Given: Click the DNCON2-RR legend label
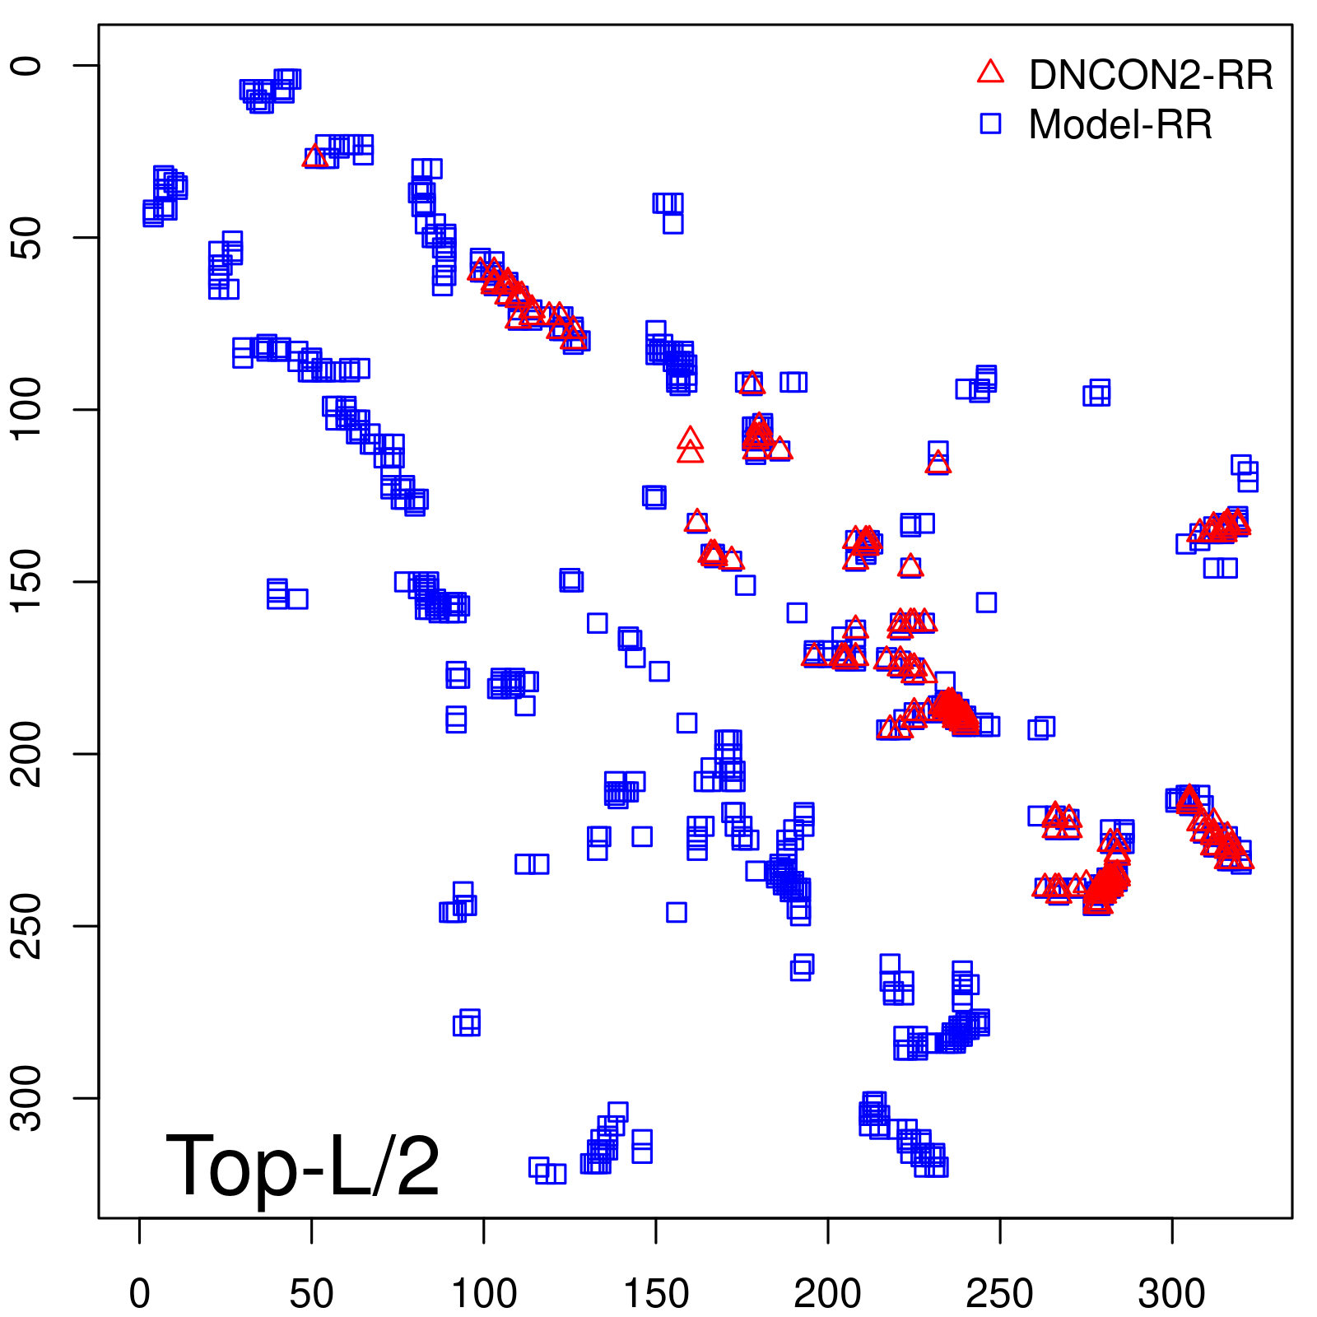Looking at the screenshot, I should point(1150,76).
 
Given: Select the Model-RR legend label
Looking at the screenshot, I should point(1120,125).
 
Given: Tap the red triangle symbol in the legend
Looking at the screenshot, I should point(990,72).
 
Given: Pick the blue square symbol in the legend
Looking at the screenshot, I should point(990,123).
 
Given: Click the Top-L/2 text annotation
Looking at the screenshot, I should point(302,1166).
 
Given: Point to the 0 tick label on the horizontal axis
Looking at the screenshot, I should point(140,1293).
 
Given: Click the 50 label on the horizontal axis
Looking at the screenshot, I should point(312,1293).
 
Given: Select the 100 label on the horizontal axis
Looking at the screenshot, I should point(484,1293).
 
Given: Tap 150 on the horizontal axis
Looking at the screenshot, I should point(656,1293).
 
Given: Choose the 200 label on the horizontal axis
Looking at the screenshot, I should point(828,1293).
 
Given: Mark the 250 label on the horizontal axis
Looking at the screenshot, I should point(1000,1293).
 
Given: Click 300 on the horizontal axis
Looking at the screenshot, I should point(1172,1293).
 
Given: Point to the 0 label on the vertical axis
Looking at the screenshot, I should point(28,66).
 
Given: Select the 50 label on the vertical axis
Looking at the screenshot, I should point(28,238).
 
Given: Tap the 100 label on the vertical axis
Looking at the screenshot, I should point(28,409).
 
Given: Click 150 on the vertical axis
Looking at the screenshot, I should point(28,581).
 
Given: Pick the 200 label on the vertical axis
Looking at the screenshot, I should point(28,753).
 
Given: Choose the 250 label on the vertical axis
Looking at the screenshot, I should point(28,925).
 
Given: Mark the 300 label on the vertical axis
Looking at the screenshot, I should point(28,1097).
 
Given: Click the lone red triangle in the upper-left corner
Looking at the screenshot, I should point(314,157).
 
